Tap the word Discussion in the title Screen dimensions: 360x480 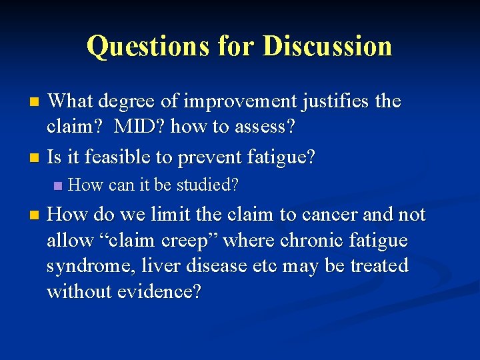[327, 46]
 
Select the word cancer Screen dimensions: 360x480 [339, 215]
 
